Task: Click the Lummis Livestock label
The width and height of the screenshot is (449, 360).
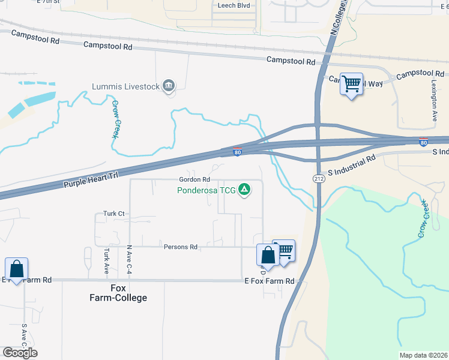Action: [125, 86]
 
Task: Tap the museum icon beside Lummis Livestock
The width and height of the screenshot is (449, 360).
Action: [169, 86]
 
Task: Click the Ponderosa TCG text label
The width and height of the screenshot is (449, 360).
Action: [206, 191]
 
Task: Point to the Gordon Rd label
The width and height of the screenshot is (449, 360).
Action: [194, 179]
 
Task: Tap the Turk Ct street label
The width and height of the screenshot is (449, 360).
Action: [113, 214]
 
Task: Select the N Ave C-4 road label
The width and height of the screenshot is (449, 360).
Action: [129, 259]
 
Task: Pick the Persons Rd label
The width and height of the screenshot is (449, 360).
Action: [181, 247]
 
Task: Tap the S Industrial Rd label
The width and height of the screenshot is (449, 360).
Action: [354, 160]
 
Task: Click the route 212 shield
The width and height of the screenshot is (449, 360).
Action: [318, 179]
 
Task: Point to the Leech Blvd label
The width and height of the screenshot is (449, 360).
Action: [234, 5]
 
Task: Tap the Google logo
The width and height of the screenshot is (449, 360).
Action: [20, 352]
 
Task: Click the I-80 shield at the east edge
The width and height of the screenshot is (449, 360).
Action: [423, 142]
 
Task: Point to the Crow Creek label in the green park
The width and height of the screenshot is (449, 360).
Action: [424, 218]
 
